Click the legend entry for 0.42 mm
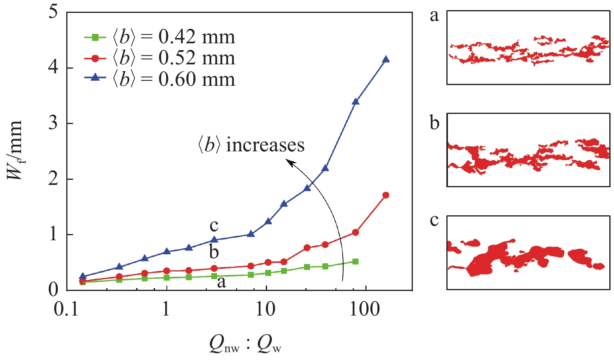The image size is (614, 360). click(x=160, y=37)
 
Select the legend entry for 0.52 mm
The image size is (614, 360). click(x=160, y=59)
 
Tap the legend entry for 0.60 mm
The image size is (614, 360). click(x=160, y=80)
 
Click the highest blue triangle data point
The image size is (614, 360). click(x=386, y=59)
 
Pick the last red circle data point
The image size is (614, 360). click(x=386, y=195)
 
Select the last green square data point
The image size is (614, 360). click(x=355, y=261)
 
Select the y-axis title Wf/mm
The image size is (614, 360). click(x=15, y=150)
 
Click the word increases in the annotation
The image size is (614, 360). click(x=265, y=145)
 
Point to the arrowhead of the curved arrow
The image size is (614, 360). click(x=290, y=161)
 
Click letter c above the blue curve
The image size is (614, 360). click(x=214, y=225)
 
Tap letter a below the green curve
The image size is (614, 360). click(x=221, y=282)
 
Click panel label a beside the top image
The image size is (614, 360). click(x=434, y=16)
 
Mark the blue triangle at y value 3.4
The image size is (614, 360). click(x=355, y=101)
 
